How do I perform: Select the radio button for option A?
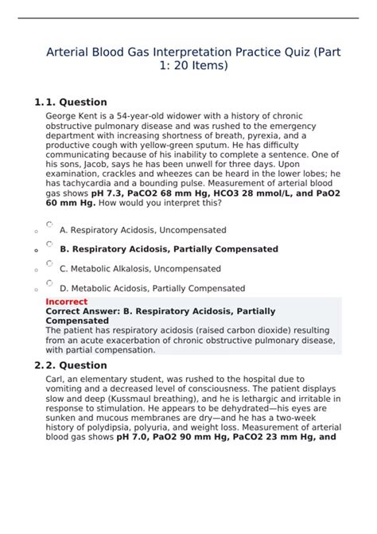click(49, 225)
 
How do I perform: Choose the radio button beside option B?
click(49, 244)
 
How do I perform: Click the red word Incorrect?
click(67, 302)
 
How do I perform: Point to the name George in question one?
click(63, 115)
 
